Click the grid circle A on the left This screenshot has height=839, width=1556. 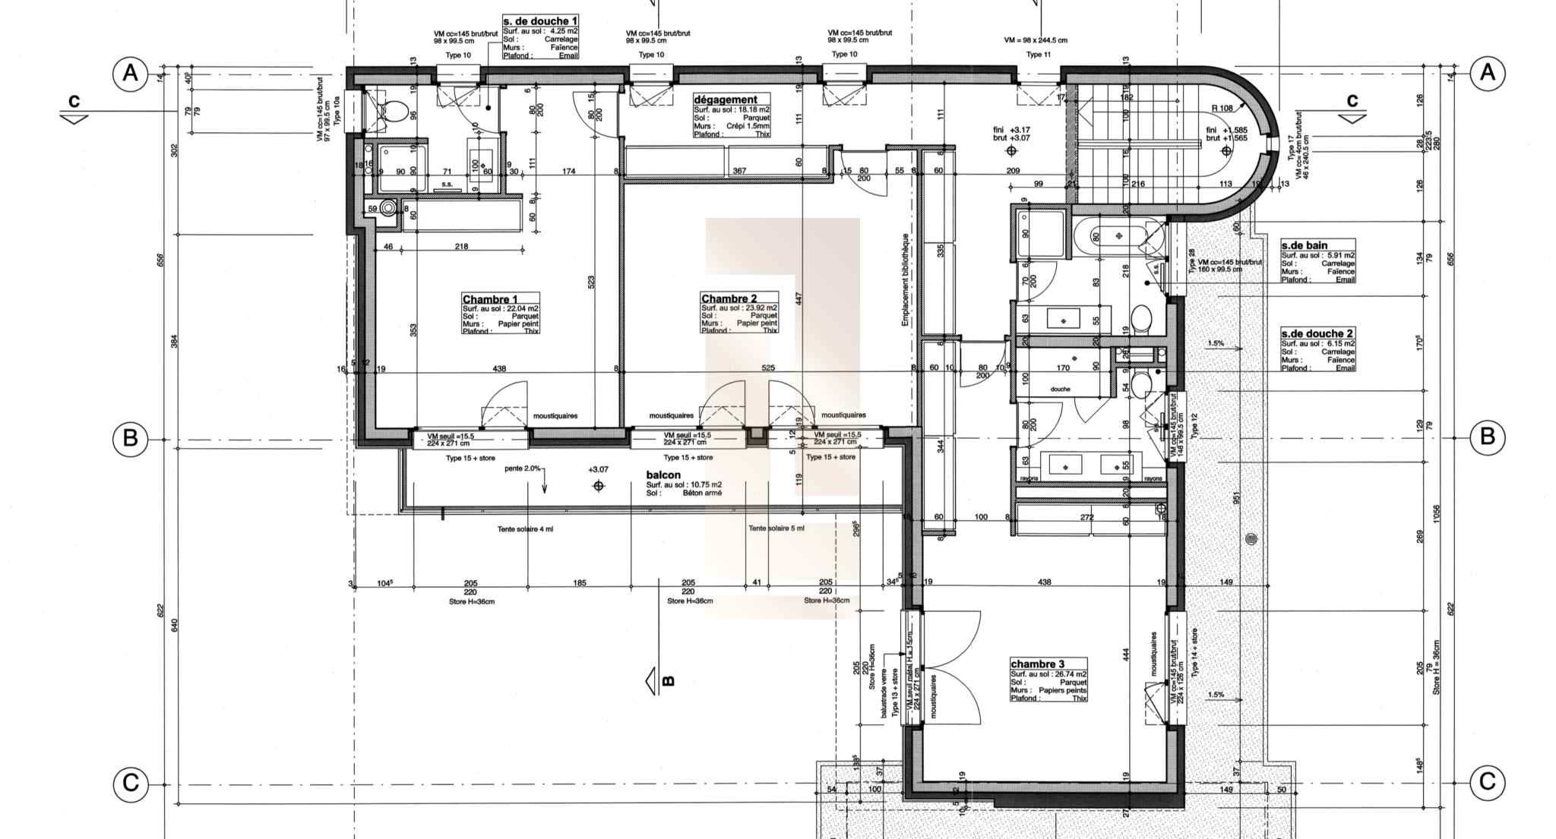pyautogui.click(x=131, y=74)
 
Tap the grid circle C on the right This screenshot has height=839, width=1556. pyautogui.click(x=1487, y=782)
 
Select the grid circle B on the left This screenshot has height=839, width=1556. pyautogui.click(x=131, y=438)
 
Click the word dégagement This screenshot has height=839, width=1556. pyautogui.click(x=726, y=99)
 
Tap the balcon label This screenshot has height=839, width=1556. pyautogui.click(x=663, y=475)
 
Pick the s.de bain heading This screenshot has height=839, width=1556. pyautogui.click(x=1304, y=246)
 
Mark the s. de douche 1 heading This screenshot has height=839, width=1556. pyautogui.click(x=541, y=21)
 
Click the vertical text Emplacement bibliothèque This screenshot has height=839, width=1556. pyautogui.click(x=905, y=279)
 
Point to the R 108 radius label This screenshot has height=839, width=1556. pyautogui.click(x=1222, y=109)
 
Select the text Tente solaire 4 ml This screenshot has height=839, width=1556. pyautogui.click(x=525, y=529)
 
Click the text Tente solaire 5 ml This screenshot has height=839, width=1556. pyautogui.click(x=776, y=528)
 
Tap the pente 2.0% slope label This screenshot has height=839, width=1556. pyautogui.click(x=522, y=468)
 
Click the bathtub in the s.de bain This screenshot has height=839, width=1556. pyautogui.click(x=1118, y=236)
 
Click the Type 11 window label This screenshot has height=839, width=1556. pyautogui.click(x=1038, y=55)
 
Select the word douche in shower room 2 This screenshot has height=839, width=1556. pyautogui.click(x=1060, y=390)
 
